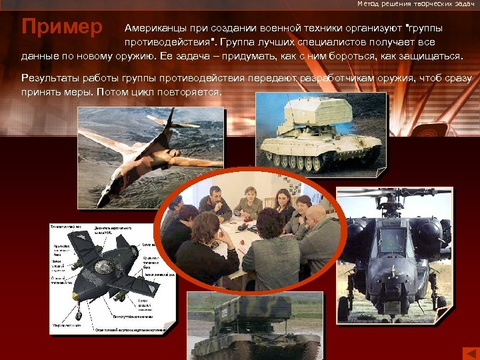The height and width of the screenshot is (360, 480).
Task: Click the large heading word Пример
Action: tap(62, 28)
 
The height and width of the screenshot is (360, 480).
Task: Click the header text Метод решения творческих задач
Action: tap(416, 4)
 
